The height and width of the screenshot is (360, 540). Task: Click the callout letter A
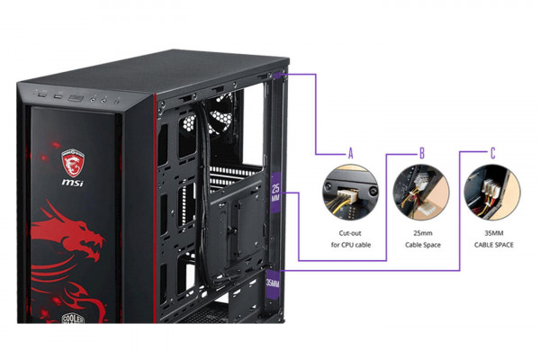click(x=351, y=153)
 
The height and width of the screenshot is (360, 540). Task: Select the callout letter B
click(x=421, y=153)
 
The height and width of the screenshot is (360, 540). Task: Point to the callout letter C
click(x=492, y=153)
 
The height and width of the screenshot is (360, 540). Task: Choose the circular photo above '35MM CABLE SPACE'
click(x=492, y=193)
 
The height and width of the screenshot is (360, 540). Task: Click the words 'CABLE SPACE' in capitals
click(x=492, y=244)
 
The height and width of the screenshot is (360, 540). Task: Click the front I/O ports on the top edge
click(x=76, y=95)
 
